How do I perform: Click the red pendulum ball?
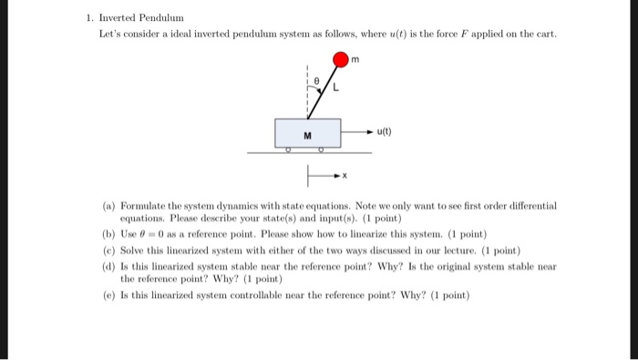tap(340, 61)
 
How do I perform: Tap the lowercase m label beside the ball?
tap(356, 61)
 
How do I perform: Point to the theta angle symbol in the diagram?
tap(318, 80)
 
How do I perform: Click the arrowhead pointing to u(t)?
tap(369, 130)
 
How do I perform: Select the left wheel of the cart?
tap(287, 148)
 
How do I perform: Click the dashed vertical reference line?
tap(309, 91)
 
